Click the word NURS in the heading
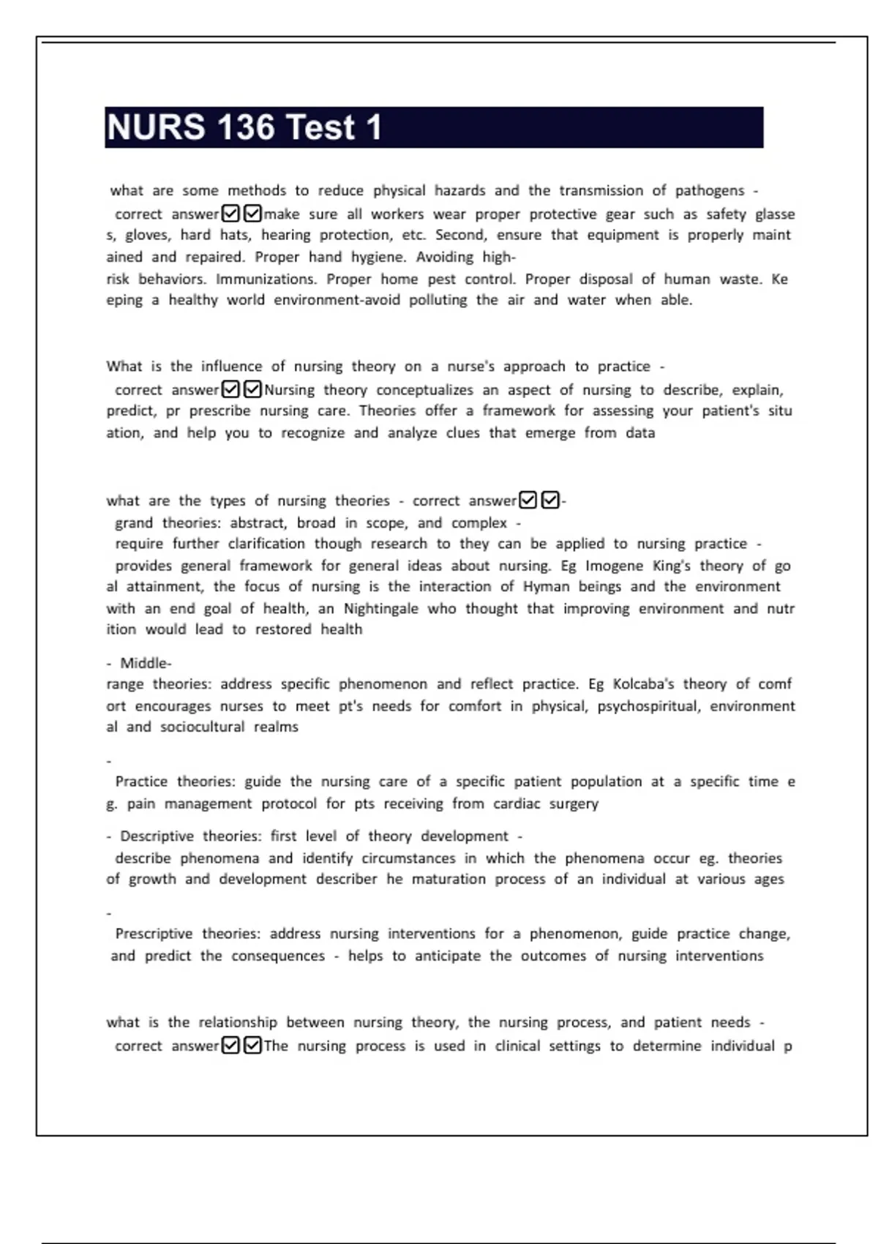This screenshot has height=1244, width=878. tap(156, 127)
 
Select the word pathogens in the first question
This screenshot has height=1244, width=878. tap(710, 191)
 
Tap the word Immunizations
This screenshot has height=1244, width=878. tap(266, 279)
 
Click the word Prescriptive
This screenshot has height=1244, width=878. tap(154, 934)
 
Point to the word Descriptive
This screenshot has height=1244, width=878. tap(154, 836)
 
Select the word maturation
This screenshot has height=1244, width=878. tap(449, 879)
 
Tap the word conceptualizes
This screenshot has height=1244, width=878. tap(424, 390)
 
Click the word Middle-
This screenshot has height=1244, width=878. tap(146, 663)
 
